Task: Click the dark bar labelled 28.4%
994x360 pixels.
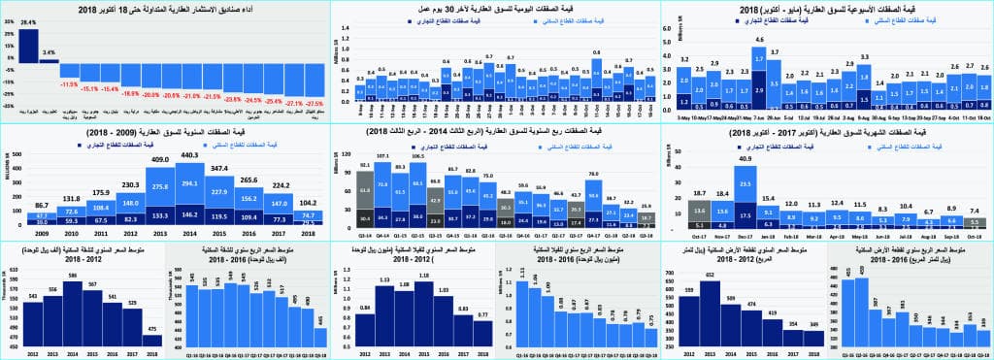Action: pyautogui.click(x=28, y=47)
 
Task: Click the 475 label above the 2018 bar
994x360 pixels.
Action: pyautogui.click(x=153, y=328)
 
